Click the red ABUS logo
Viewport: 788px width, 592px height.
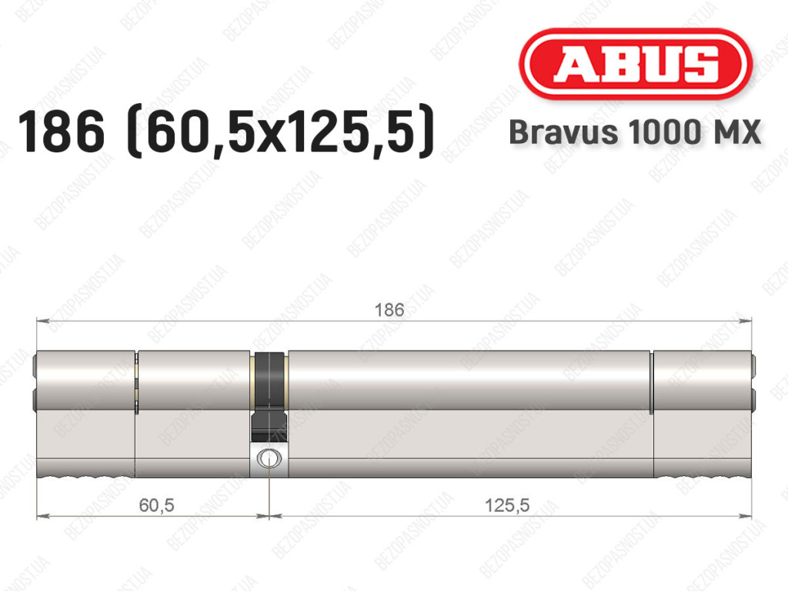636,64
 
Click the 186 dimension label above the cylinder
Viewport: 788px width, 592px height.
389,309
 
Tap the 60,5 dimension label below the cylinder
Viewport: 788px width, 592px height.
156,504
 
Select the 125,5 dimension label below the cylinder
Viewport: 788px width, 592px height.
507,504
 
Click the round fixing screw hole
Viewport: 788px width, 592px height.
269,458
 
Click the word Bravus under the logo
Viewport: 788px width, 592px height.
563,132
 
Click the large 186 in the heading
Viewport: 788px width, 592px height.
62,132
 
